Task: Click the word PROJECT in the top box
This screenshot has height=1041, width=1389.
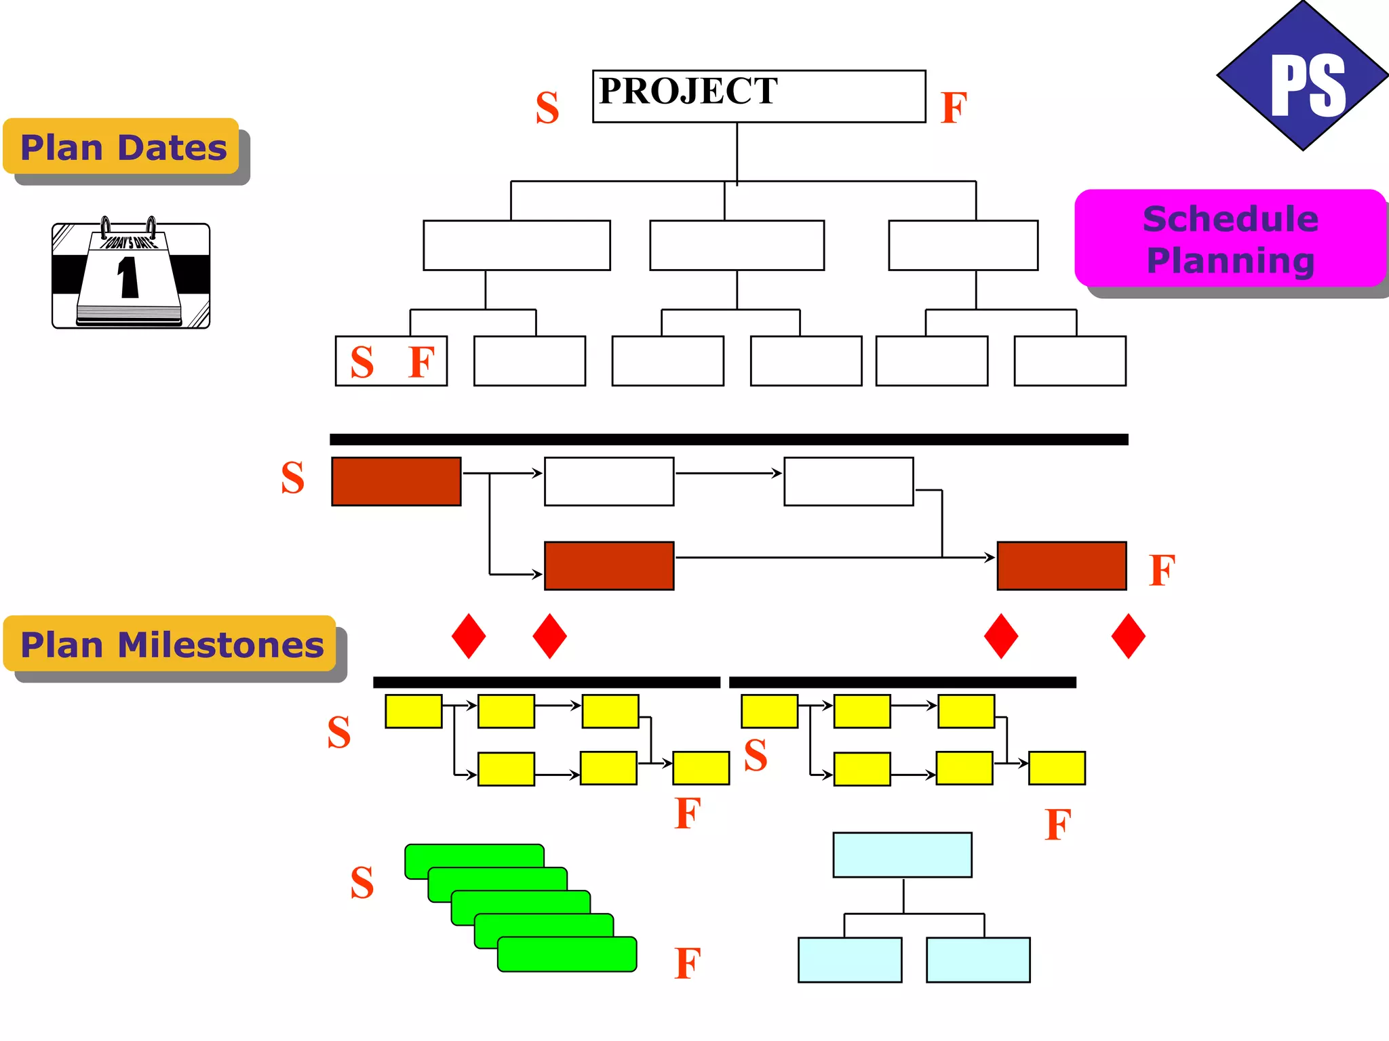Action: tap(688, 91)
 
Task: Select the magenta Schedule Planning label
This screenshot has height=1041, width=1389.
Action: tap(1230, 239)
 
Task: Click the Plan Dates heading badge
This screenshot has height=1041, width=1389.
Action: tap(122, 147)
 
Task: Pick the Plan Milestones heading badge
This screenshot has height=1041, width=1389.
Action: tap(171, 644)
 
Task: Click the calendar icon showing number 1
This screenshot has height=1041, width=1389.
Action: tap(131, 274)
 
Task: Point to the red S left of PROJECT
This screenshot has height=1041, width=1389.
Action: tap(547, 108)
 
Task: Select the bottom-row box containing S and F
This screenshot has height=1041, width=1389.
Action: tap(391, 361)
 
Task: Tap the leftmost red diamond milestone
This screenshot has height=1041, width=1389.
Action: tap(469, 636)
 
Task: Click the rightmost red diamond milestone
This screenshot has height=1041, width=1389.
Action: tap(1129, 636)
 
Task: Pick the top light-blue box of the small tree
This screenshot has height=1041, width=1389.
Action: tap(902, 855)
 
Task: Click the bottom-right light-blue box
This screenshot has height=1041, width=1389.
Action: tap(978, 960)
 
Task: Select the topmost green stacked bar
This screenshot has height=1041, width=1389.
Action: tap(475, 855)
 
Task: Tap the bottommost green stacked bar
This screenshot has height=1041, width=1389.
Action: tap(567, 955)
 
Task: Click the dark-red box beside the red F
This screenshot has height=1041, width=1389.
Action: tap(1061, 566)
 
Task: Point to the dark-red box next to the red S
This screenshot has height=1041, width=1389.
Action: tap(396, 482)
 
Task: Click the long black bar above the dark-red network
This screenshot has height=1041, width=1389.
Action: tap(728, 440)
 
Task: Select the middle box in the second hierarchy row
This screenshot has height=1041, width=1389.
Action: tap(737, 245)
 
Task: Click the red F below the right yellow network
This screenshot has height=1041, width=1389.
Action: tap(1058, 825)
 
